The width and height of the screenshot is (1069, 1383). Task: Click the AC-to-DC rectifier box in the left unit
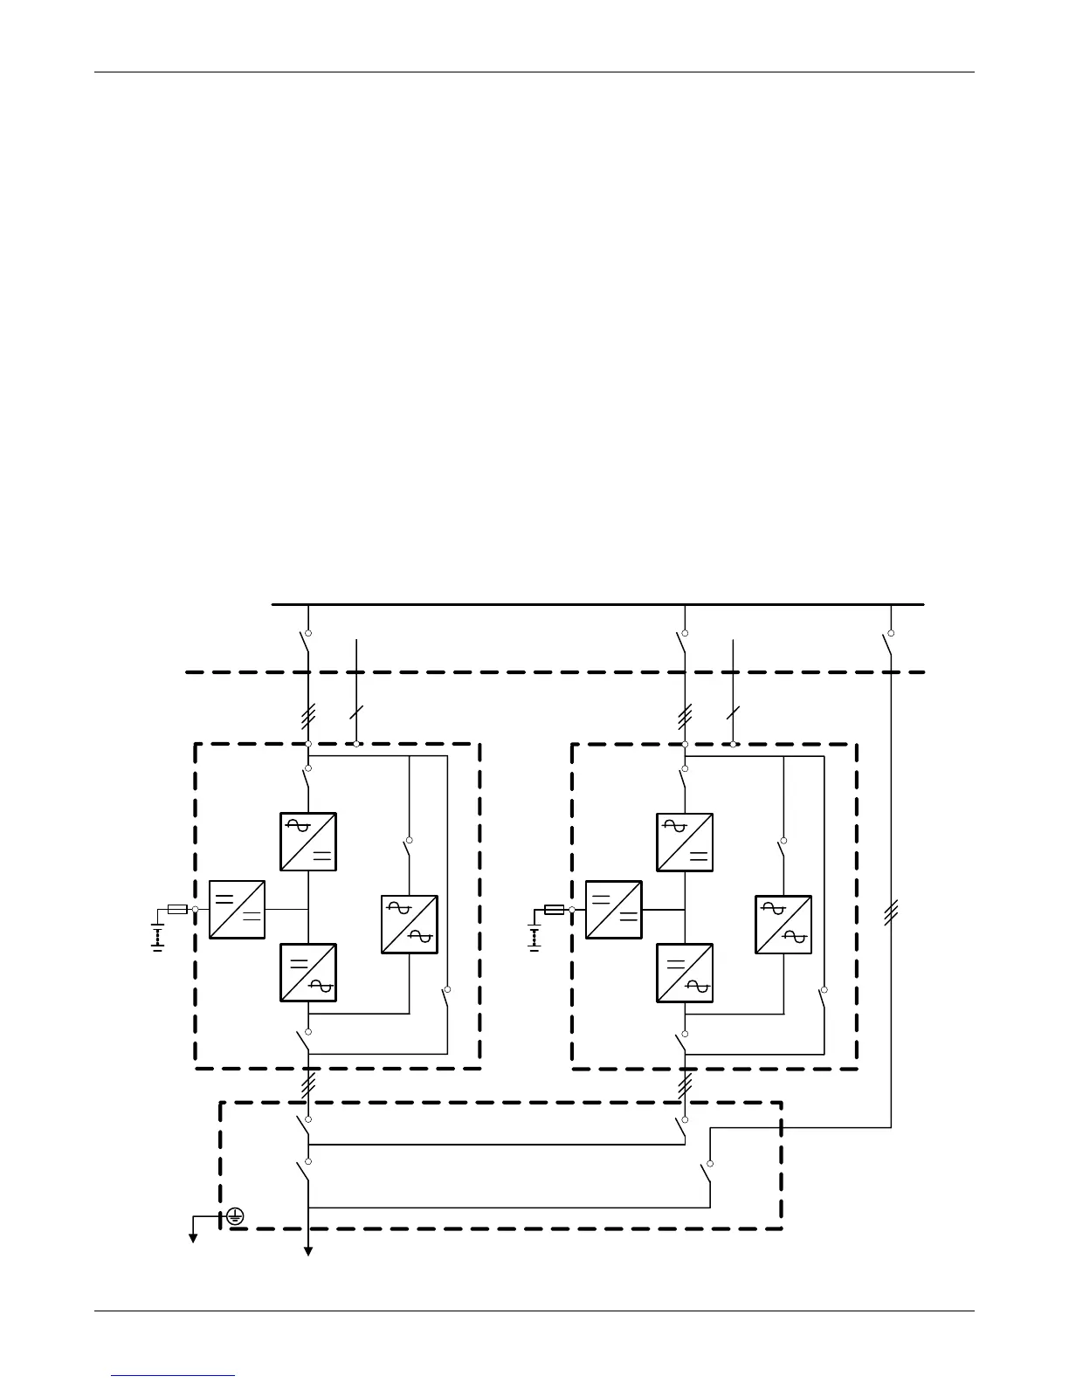tap(308, 842)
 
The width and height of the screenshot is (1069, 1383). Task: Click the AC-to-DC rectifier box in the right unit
tap(685, 842)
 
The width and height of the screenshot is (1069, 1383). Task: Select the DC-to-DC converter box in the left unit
tap(237, 909)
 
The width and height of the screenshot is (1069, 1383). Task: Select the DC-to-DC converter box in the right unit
tap(613, 909)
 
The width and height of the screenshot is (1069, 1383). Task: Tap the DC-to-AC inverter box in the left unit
tap(308, 972)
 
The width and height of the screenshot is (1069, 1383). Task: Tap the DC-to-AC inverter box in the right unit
tap(685, 973)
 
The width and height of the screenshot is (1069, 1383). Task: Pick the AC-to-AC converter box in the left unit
tap(409, 924)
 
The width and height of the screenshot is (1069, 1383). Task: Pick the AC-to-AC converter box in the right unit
tap(783, 924)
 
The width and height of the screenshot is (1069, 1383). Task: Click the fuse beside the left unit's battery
tap(177, 909)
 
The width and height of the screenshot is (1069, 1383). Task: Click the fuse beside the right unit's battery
tap(554, 909)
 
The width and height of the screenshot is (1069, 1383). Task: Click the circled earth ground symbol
tap(235, 1216)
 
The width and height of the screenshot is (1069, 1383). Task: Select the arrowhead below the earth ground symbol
tap(192, 1236)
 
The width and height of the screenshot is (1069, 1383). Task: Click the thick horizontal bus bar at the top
tap(597, 603)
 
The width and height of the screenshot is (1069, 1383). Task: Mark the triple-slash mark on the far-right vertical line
tap(890, 914)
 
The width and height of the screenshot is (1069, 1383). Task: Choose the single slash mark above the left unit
tap(355, 712)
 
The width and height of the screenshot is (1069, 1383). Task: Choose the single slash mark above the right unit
tap(732, 712)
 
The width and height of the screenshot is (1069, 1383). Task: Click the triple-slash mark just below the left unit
tap(308, 1085)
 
